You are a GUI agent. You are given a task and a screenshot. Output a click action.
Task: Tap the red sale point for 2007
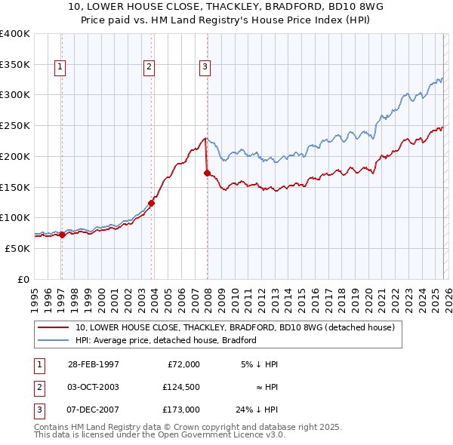pos(207,173)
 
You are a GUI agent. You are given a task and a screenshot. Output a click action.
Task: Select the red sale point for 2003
pos(151,202)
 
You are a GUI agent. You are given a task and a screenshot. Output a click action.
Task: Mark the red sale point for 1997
pos(63,235)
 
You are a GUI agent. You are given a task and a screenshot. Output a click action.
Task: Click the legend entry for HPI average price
pos(166,340)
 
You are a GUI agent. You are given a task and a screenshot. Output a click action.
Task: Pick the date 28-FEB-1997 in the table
pos(93,364)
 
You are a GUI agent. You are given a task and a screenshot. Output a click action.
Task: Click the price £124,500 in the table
pos(180,387)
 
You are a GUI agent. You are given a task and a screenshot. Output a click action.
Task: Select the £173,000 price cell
pos(180,410)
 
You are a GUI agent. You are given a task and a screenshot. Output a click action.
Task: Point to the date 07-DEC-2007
pos(93,410)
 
